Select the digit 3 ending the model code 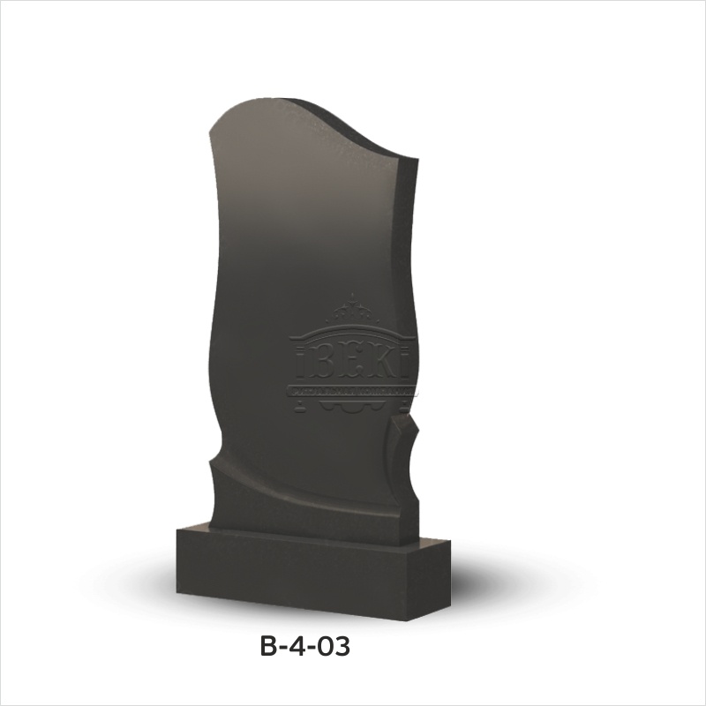point(342,647)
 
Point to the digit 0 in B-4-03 point(326,647)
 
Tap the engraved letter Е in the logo point(355,363)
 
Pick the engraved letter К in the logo point(383,363)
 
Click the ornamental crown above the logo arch point(353,312)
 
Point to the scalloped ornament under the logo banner point(353,407)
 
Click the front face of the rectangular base point(291,565)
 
